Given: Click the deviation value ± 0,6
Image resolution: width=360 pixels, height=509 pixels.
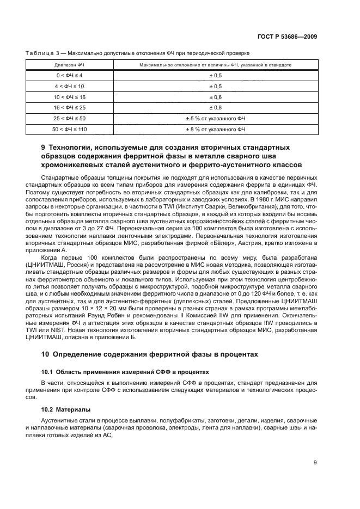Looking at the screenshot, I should [x=215, y=96].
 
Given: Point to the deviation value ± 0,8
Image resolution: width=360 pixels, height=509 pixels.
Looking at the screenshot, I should [x=215, y=107].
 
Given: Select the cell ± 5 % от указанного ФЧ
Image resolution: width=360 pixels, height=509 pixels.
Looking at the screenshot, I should [x=215, y=118].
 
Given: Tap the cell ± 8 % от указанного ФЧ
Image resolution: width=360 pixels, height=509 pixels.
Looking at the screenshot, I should [x=215, y=129].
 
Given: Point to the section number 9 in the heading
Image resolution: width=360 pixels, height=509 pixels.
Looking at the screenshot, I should [x=44, y=148].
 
